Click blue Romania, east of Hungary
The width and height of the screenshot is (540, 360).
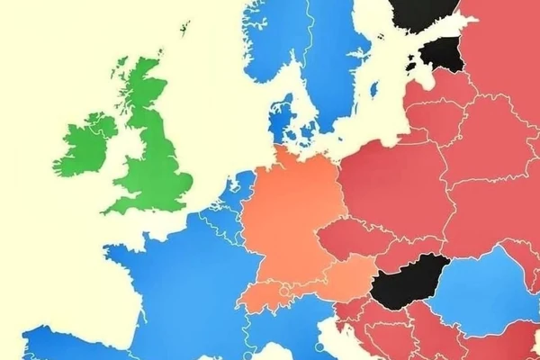click(486, 288)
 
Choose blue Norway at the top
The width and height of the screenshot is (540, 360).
click(270, 45)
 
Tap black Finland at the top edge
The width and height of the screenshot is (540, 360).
click(423, 11)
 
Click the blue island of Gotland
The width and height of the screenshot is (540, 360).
click(372, 90)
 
